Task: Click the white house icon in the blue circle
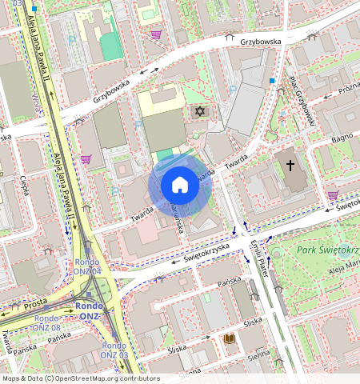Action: (179, 186)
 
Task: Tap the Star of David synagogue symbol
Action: (200, 112)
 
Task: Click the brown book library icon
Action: (230, 339)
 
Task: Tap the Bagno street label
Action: (343, 139)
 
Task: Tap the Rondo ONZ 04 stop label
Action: (87, 267)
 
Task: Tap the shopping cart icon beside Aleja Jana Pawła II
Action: (86, 159)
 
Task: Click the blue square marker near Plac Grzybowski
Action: (272, 81)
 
